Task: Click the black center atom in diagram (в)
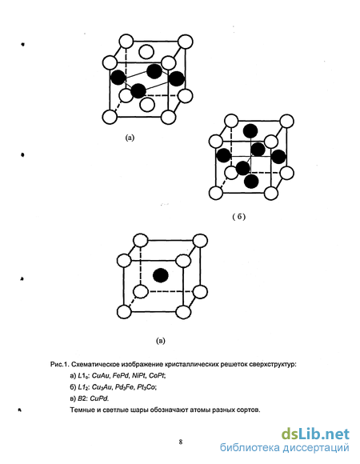coord(161,275)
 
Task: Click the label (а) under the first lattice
coord(130,138)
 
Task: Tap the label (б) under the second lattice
coord(239,217)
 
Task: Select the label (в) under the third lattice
coord(160,341)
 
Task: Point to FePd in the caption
coord(121,376)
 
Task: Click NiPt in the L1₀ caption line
coord(139,376)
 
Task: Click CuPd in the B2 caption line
coord(99,398)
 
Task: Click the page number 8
coord(181,442)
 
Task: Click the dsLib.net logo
coord(315,434)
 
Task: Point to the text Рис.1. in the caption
coord(60,365)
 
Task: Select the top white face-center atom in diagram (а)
coord(146,52)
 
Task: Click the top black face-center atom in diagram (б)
coord(250,130)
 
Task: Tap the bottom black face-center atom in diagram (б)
coord(252,182)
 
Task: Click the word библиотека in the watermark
coord(250,448)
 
